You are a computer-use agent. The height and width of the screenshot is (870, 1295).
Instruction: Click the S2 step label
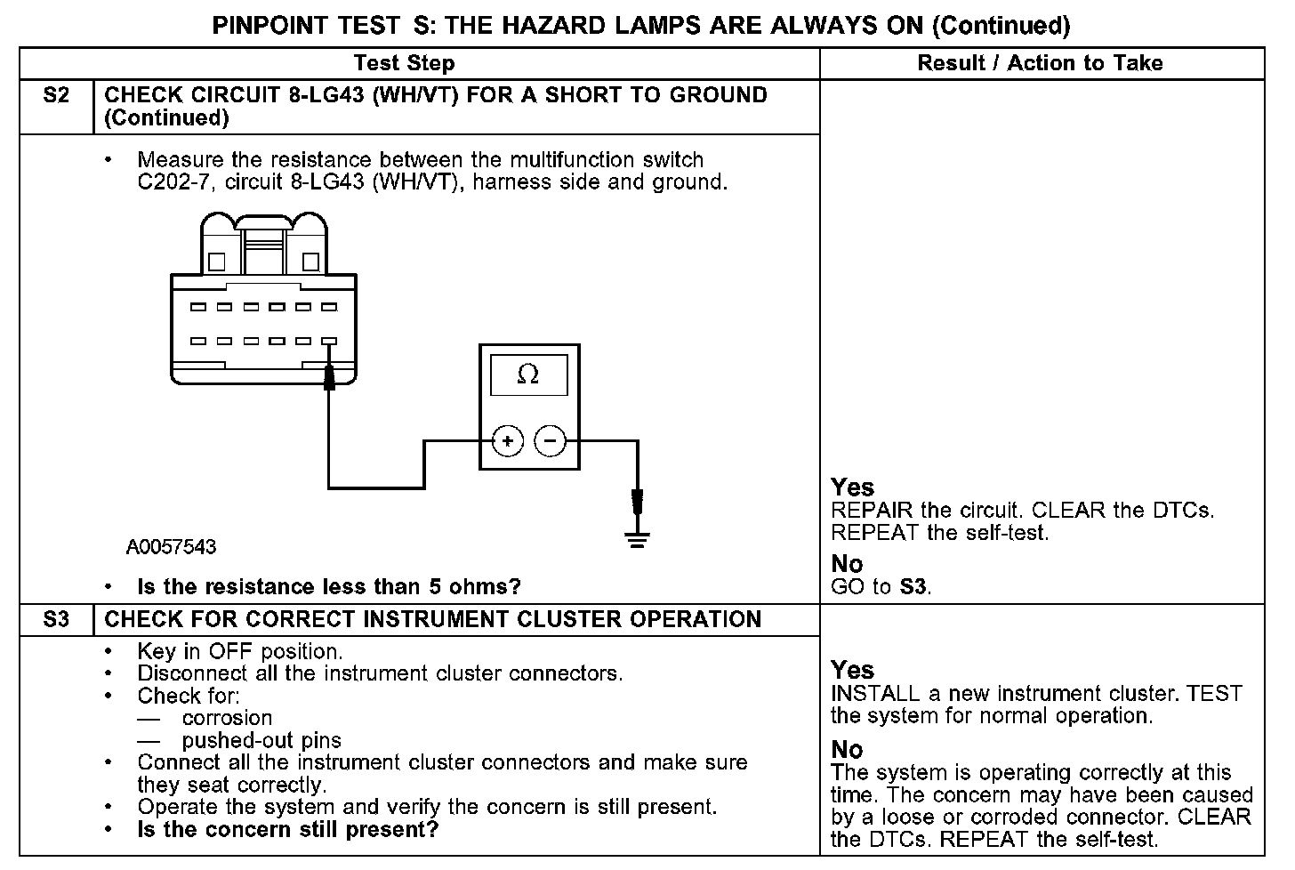(x=55, y=95)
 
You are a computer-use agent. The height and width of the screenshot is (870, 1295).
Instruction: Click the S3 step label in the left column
(x=55, y=619)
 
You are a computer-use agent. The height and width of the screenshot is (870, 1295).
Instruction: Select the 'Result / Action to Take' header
(x=1040, y=63)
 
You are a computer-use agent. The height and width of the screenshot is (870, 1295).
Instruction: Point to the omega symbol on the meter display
(x=527, y=375)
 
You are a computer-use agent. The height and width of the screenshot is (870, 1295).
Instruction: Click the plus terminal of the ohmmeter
(x=507, y=440)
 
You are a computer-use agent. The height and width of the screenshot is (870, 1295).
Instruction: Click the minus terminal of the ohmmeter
(x=550, y=440)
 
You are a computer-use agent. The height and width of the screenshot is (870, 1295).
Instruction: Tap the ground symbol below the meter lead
(x=637, y=537)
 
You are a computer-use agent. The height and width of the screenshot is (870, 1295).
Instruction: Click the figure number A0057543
(x=171, y=546)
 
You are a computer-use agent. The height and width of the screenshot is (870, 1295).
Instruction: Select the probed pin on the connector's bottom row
(x=329, y=341)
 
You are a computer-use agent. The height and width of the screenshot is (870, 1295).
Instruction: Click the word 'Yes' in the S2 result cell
(x=852, y=487)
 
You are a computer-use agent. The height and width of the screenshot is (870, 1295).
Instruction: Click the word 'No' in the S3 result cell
(x=847, y=750)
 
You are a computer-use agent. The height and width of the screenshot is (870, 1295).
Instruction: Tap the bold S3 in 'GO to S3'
(x=913, y=587)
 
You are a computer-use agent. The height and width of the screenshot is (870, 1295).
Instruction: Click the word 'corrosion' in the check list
(x=227, y=718)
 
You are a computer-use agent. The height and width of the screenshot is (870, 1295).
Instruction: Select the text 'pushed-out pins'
(x=261, y=740)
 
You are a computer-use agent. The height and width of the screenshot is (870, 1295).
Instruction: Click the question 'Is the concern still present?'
(x=288, y=830)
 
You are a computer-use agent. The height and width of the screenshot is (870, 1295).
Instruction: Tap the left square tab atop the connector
(x=217, y=262)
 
